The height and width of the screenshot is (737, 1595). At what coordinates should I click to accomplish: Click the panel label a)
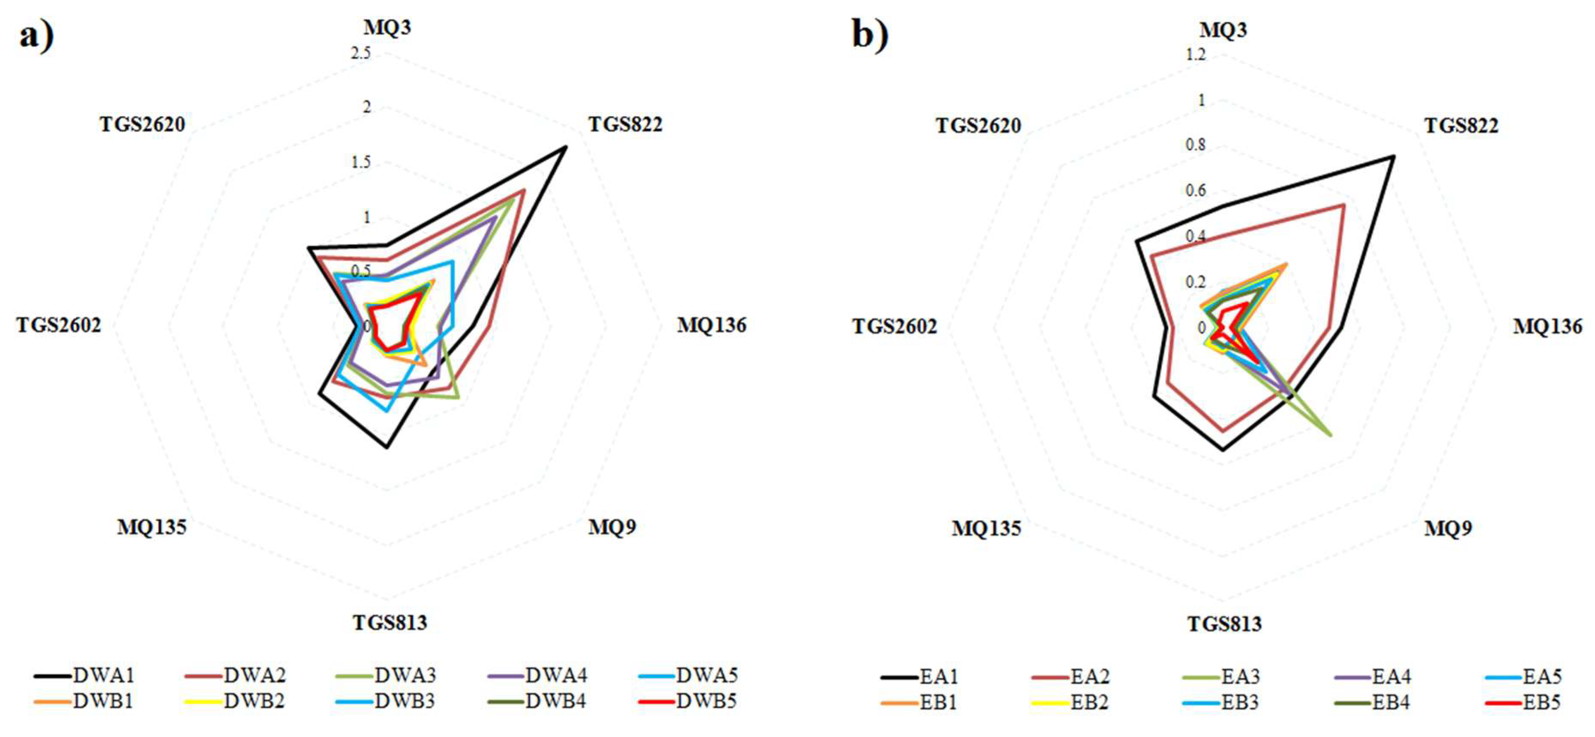(x=36, y=36)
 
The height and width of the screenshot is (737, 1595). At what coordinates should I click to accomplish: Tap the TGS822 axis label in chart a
(x=625, y=124)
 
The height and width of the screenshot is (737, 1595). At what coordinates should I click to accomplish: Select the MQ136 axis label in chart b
(x=1547, y=326)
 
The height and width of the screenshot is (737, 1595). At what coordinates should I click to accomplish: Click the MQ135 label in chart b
(x=986, y=528)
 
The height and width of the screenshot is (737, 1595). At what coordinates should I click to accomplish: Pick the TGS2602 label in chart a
(x=58, y=325)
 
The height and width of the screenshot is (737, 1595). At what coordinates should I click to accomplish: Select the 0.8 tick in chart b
(x=1196, y=145)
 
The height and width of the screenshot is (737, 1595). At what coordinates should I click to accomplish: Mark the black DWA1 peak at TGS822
(x=565, y=147)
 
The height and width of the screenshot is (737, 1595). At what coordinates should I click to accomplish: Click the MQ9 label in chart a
(x=612, y=527)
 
